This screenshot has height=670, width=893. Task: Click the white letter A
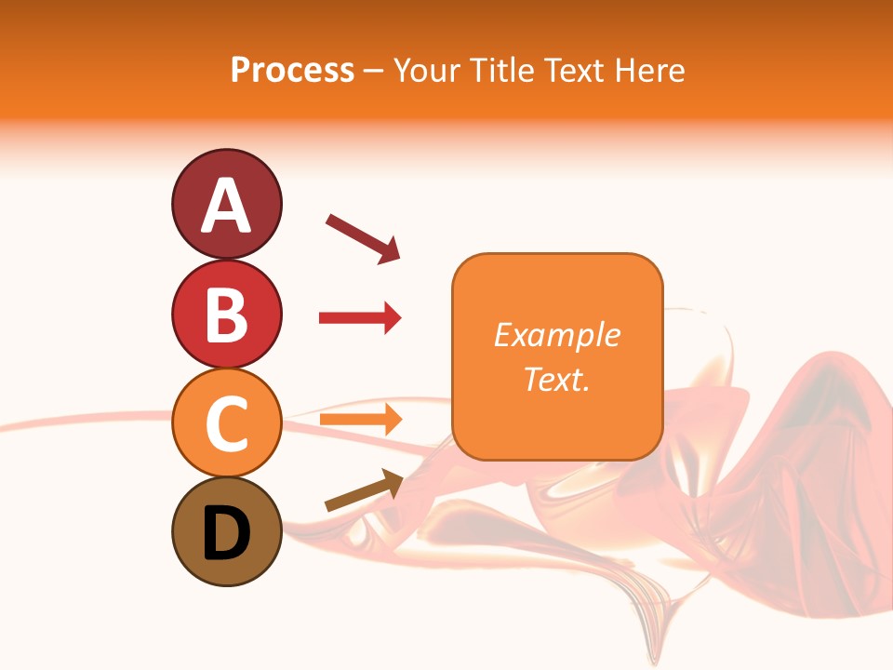pos(227,207)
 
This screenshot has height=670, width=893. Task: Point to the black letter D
pos(227,534)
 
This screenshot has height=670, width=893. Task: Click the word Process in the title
pos(292,70)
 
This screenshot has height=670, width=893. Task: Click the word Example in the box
pos(556,335)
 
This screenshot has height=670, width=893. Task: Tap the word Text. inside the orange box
pos(556,379)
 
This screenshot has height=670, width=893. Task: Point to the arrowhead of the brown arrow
pos(393,479)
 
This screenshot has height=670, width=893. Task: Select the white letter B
pos(227,315)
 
